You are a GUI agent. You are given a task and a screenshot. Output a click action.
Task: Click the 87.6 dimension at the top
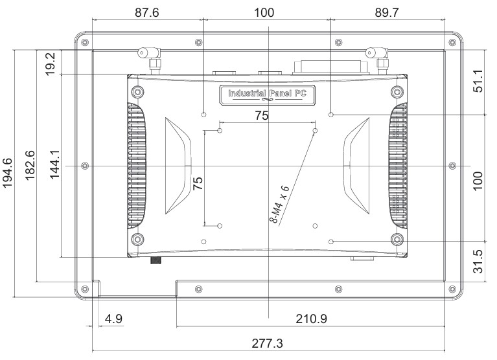(147, 12)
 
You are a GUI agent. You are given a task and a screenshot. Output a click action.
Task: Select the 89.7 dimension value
(387, 12)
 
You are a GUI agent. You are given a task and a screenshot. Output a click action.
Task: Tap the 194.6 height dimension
(10, 173)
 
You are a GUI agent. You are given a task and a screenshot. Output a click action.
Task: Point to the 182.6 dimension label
(30, 167)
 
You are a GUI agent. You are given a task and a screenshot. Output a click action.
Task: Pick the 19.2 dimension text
(52, 63)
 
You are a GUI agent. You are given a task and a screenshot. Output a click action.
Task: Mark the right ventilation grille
(399, 166)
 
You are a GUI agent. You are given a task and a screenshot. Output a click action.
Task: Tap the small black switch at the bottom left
(156, 260)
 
